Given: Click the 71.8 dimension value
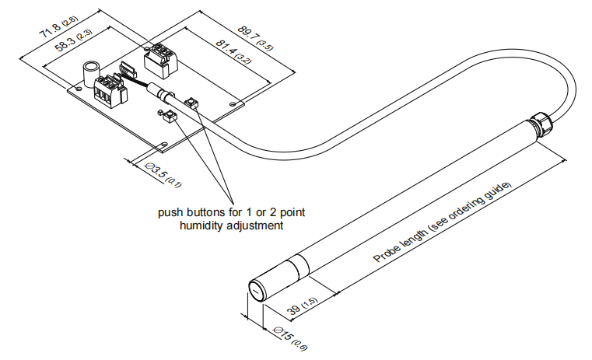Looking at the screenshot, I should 50,33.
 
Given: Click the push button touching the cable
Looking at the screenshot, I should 191,103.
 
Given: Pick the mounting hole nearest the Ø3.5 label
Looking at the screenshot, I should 163,143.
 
